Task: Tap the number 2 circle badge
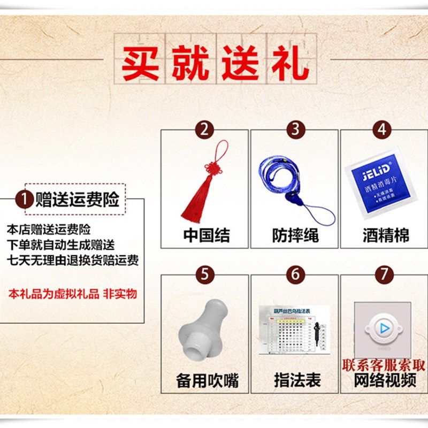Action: [204, 129]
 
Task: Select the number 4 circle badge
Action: [382, 129]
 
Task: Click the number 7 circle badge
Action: [384, 274]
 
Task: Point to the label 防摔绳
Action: [295, 235]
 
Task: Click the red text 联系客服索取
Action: [384, 365]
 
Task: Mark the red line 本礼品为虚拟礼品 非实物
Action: [73, 294]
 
